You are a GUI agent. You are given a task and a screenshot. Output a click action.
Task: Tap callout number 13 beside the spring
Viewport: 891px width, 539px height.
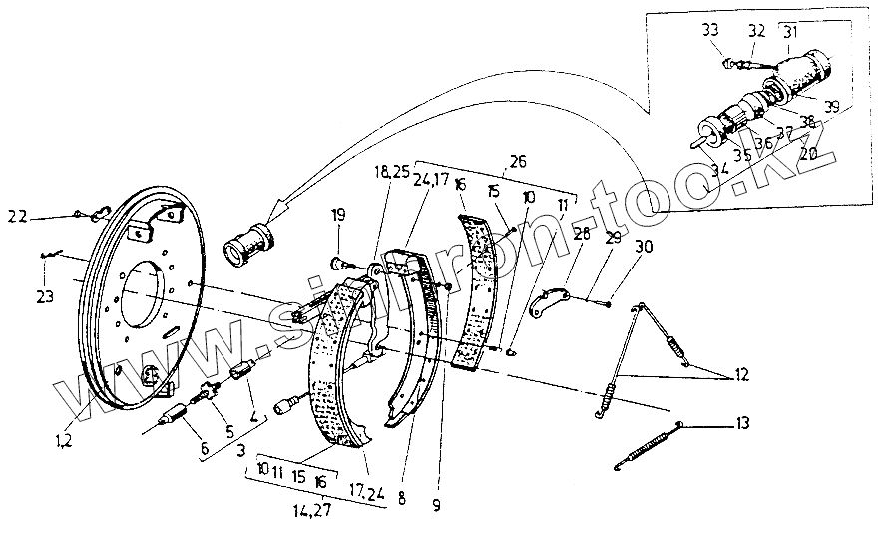click(738, 424)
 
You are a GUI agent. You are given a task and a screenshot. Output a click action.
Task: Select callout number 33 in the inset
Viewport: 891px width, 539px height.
click(709, 30)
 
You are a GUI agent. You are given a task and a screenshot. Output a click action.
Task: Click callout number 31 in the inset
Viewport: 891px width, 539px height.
click(790, 32)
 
